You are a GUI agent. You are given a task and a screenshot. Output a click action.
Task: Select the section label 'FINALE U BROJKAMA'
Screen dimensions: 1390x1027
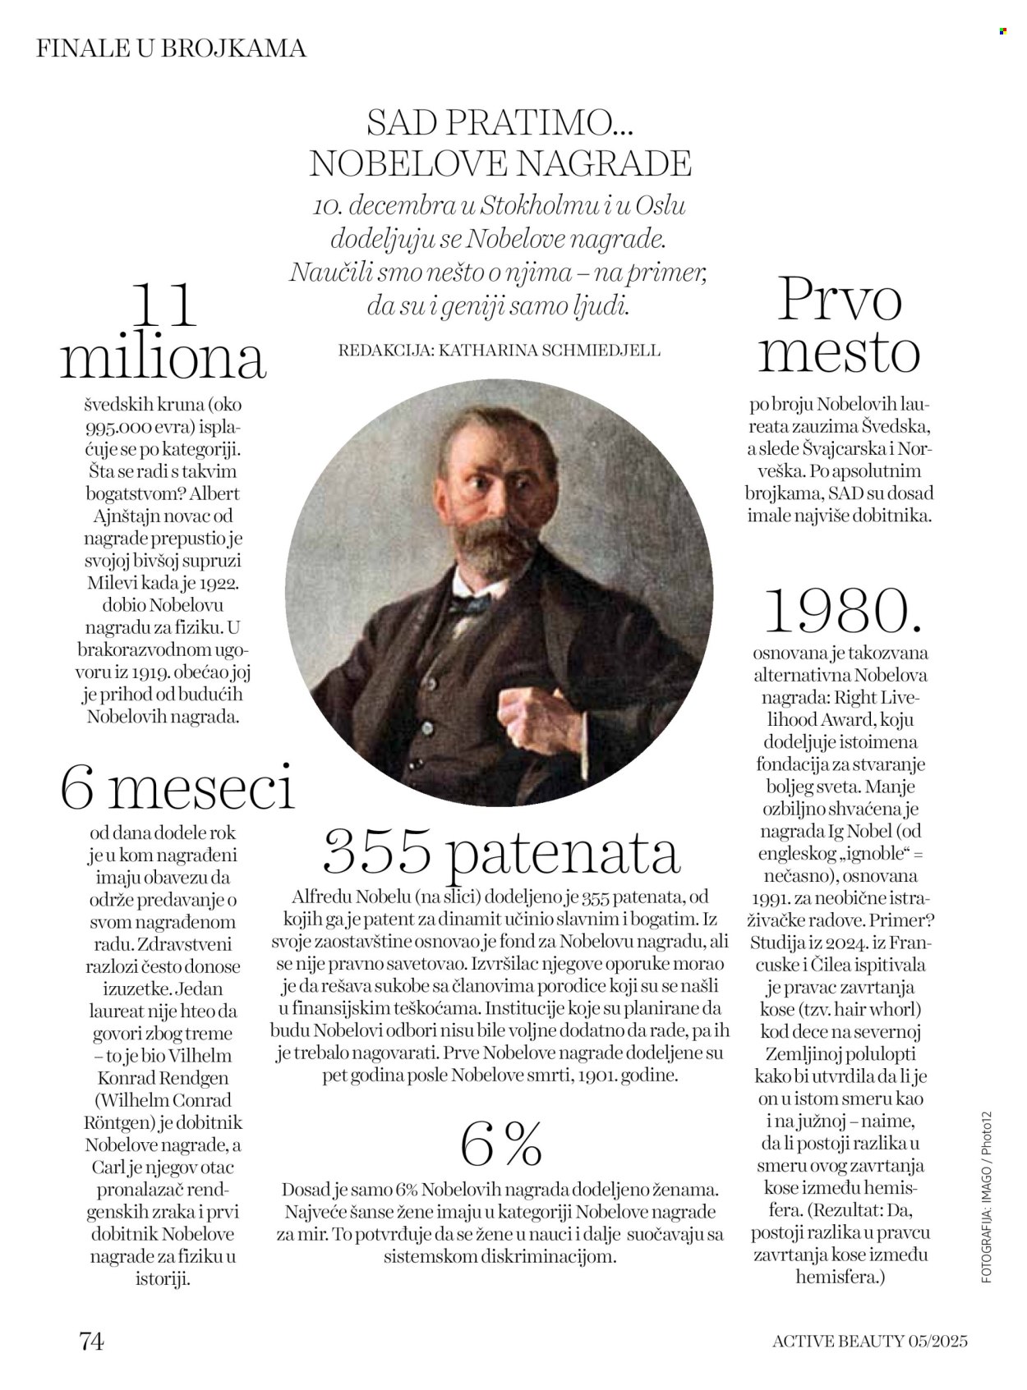171,48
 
